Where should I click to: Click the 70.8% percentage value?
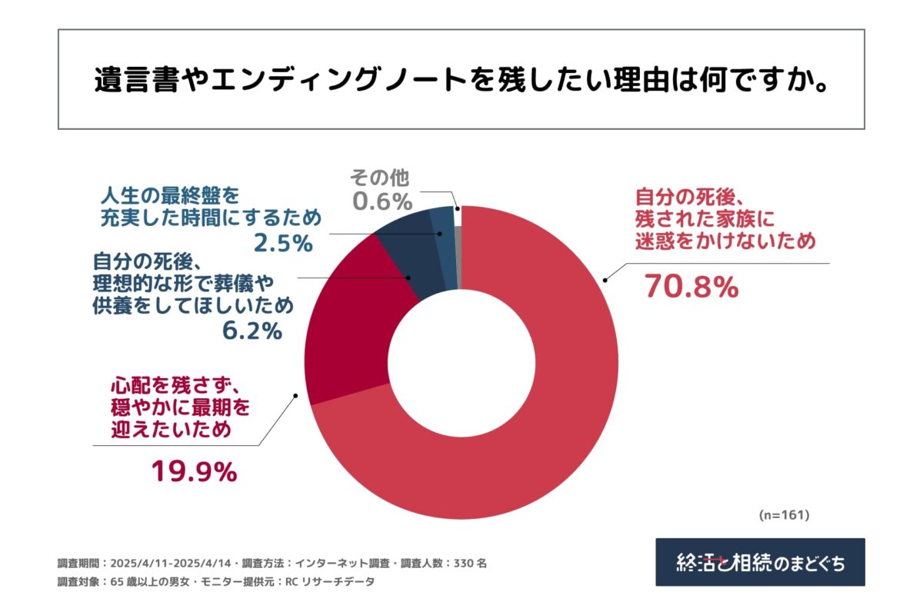click(691, 287)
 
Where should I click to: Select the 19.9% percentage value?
click(193, 471)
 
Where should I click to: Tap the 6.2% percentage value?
click(251, 332)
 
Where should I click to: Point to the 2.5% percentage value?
click(282, 244)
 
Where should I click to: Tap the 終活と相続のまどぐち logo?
click(760, 562)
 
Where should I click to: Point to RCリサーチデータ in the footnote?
click(330, 582)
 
